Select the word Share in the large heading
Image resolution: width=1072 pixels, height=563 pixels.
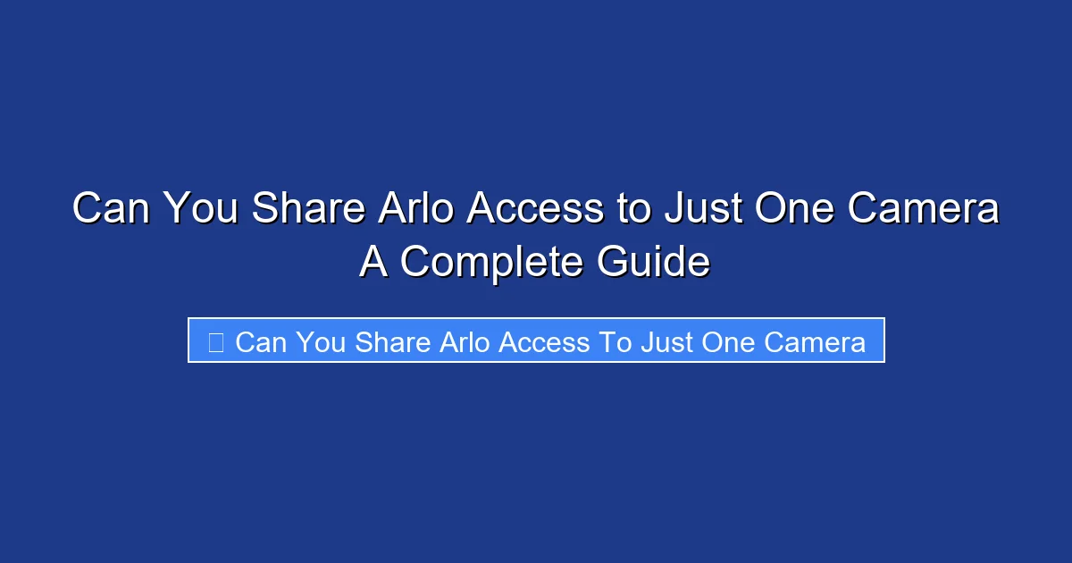[x=307, y=209]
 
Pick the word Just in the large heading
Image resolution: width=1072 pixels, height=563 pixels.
[x=701, y=209]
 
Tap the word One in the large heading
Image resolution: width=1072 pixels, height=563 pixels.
[x=796, y=209]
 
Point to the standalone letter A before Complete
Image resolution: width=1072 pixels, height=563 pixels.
[x=373, y=262]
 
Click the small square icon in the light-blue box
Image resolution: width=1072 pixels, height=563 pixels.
[x=215, y=341]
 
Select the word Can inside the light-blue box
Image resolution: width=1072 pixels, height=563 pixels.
[x=261, y=341]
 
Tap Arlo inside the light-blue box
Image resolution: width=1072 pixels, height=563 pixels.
[x=465, y=341]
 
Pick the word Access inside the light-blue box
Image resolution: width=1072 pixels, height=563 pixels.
[x=546, y=341]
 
